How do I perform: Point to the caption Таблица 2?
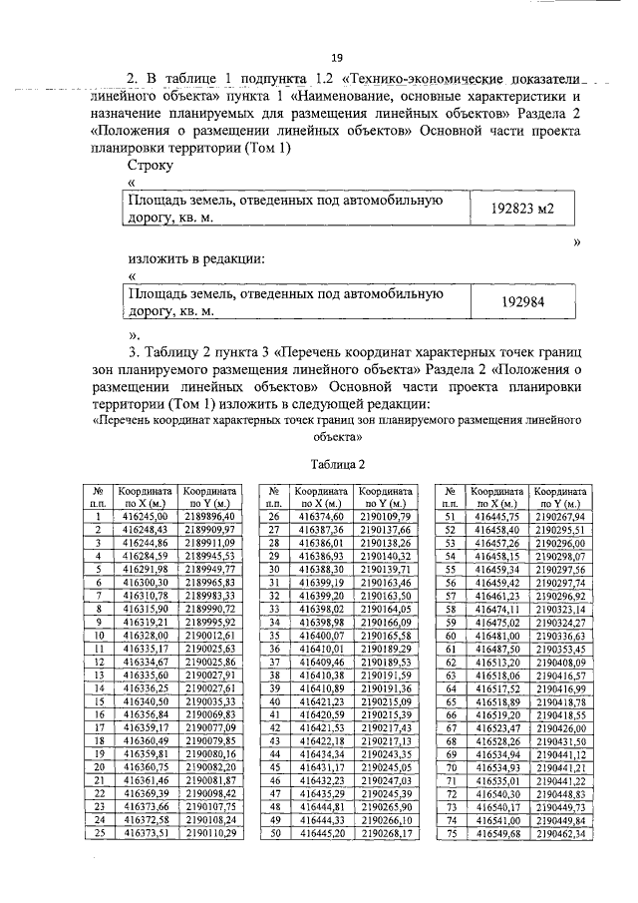[x=338, y=465]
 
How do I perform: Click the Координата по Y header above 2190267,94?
[x=559, y=498]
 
